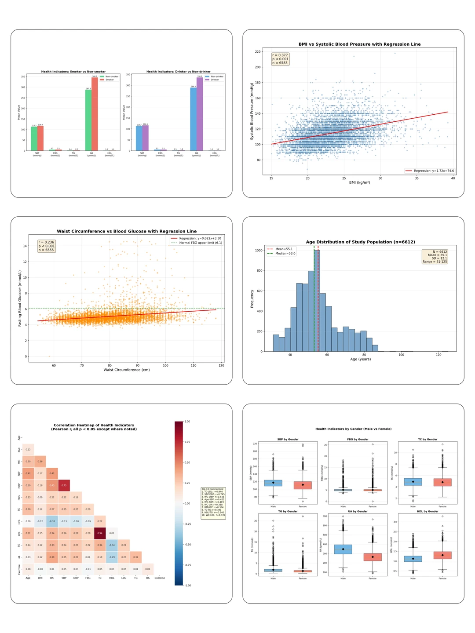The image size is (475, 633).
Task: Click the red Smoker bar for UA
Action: pos(95,114)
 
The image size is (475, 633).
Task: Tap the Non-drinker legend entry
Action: pos(214,76)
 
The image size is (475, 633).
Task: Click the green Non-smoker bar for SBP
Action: pos(34,138)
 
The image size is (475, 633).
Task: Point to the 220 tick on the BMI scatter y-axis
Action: pos(258,52)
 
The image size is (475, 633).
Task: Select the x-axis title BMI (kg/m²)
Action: pos(359,182)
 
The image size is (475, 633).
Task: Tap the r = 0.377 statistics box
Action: pos(280,59)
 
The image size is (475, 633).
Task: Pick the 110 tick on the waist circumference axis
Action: pos(194,365)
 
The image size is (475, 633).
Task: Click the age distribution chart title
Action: pos(360,242)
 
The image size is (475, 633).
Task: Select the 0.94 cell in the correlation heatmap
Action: pos(100,533)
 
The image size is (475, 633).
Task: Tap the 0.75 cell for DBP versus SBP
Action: pos(64,485)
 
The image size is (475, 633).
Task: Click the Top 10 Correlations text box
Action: pos(213,503)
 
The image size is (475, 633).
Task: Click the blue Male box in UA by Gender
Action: pos(343,549)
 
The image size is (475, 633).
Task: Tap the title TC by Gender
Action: pos(427,439)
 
